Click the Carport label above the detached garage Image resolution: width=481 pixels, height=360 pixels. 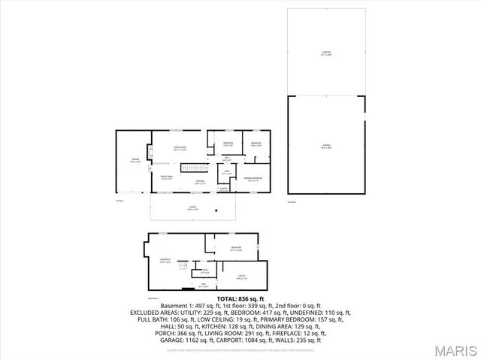tap(326, 52)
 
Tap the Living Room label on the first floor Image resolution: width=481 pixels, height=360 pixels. tap(180, 147)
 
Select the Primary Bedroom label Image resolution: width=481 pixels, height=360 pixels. tap(251, 179)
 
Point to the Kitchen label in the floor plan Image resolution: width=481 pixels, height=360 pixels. tap(201, 182)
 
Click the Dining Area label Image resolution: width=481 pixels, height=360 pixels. tap(167, 177)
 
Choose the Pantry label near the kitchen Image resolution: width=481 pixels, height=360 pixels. tap(223, 188)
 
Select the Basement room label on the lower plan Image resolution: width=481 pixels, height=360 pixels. tap(165, 261)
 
